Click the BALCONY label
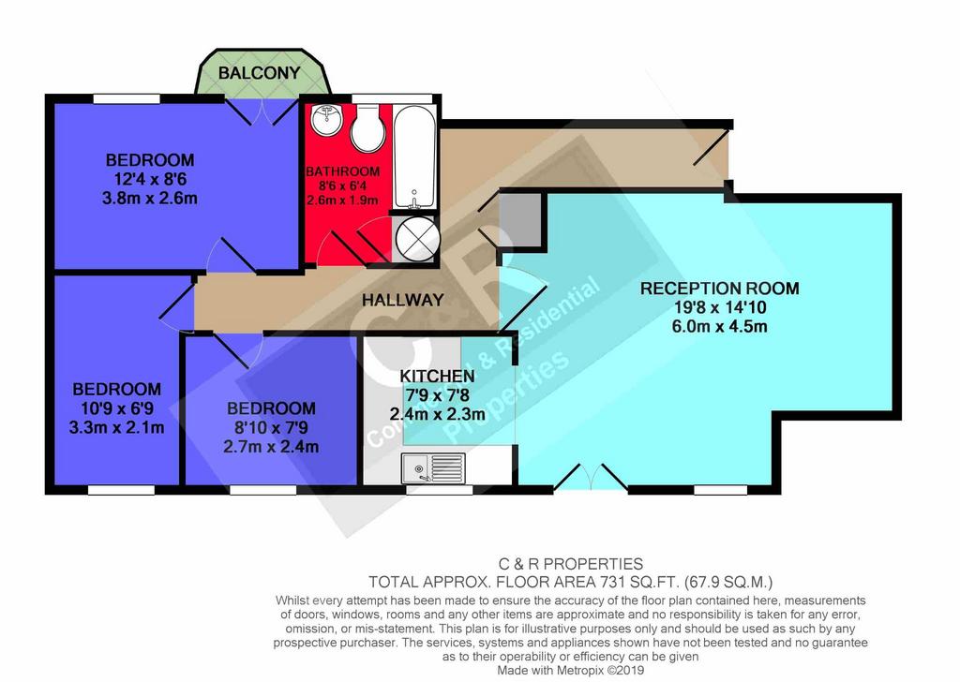coord(259,73)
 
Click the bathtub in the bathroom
coord(414,156)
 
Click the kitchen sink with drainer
coord(433,467)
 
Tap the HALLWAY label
coord(402,300)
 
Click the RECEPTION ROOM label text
coord(719,289)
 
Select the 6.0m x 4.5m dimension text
coord(719,326)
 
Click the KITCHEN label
coord(437,376)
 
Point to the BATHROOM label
coord(343,171)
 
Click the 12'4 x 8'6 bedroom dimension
coord(150,179)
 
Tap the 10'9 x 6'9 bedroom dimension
coord(117,408)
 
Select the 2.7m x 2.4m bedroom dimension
coord(271,447)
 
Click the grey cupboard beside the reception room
coord(521,220)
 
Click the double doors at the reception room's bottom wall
coord(591,478)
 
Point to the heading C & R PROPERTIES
coord(571,563)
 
